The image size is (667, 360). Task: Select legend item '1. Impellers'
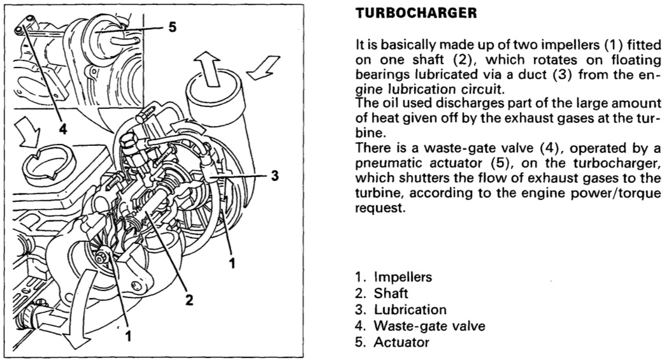394,277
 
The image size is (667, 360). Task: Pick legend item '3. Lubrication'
400,310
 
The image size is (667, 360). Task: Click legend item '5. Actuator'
392,343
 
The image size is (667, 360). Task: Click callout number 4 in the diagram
62,128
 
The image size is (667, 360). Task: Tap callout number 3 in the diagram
275,175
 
